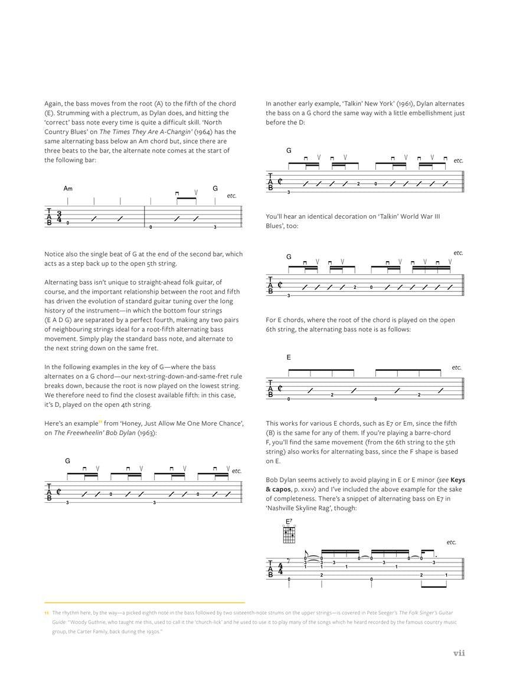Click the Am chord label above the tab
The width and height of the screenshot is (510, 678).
[68, 189]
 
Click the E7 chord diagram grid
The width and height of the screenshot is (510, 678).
[289, 534]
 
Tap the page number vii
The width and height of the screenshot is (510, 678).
[459, 653]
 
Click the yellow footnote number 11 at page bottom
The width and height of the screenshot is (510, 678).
[47, 613]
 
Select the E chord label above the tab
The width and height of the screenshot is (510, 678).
[289, 357]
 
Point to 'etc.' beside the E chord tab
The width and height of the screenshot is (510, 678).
[456, 367]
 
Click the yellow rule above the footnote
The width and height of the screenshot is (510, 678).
[145, 603]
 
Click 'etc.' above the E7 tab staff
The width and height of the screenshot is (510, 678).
[452, 542]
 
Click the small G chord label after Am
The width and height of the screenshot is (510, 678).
[215, 189]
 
